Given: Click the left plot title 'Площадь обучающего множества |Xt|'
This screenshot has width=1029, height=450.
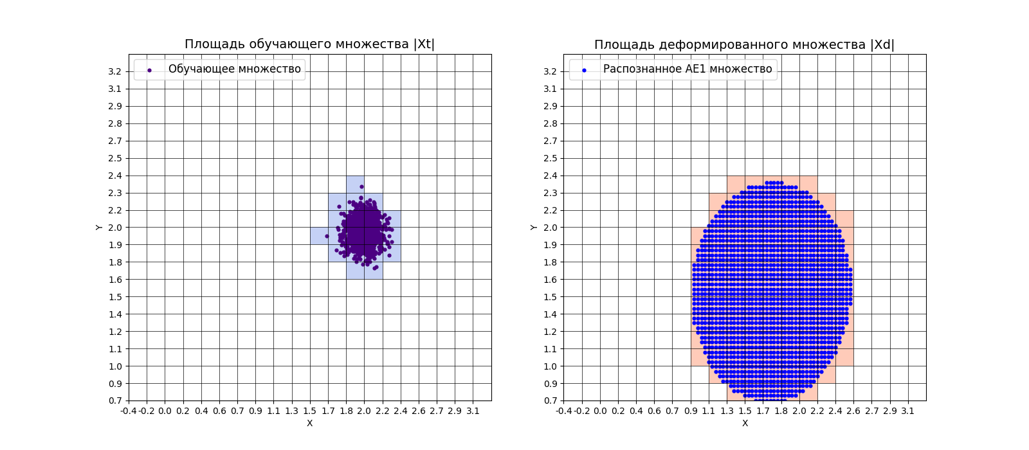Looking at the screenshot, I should [x=309, y=44].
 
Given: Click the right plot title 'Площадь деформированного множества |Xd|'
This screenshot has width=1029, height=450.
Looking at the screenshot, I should [x=744, y=45].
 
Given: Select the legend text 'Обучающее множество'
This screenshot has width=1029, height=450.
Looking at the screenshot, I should [x=234, y=69].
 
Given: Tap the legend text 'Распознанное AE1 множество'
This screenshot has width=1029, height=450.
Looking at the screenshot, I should [x=688, y=69].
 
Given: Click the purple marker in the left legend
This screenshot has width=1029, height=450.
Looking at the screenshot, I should [x=149, y=70].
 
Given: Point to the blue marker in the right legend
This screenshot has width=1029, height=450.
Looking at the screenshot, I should [x=584, y=70].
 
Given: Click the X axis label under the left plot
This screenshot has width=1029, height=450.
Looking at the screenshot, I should [x=309, y=423].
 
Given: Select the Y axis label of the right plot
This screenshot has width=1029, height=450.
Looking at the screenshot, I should [x=534, y=227].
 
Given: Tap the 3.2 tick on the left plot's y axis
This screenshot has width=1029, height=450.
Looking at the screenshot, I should [x=115, y=71].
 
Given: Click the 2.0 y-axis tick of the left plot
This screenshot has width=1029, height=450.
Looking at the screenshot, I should [x=115, y=228].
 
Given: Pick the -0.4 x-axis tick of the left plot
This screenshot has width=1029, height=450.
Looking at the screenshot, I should [x=129, y=411].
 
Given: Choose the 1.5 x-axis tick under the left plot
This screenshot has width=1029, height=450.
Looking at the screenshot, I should [x=310, y=411].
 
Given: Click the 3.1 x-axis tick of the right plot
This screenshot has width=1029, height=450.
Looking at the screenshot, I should [x=907, y=411].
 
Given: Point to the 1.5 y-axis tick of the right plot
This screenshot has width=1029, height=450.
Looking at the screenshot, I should [x=550, y=297].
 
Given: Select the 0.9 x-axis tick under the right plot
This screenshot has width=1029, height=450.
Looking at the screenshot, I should [x=691, y=411].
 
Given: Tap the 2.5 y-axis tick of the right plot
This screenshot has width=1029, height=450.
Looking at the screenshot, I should [x=550, y=158].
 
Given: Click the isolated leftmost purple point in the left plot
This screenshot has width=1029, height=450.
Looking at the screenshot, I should [x=327, y=236].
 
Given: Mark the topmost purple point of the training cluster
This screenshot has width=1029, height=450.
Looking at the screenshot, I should [x=361, y=187].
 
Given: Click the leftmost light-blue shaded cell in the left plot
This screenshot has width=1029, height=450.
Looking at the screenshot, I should [x=319, y=236].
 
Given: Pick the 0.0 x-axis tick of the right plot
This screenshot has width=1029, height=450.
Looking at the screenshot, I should [x=600, y=411].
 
